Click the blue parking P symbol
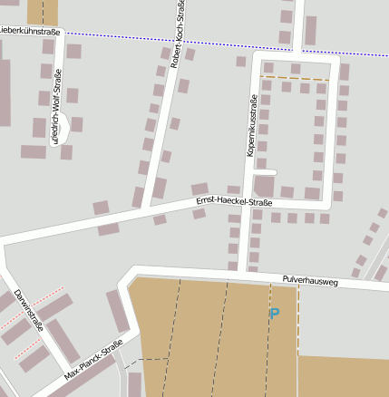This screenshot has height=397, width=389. (274, 314)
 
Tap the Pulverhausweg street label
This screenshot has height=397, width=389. (310, 282)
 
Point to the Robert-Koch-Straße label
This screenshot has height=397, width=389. (179, 36)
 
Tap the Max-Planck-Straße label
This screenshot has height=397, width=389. (93, 361)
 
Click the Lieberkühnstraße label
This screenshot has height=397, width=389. (29, 31)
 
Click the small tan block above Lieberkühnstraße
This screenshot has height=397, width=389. (42, 12)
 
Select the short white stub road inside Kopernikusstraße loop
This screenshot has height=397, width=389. (265, 170)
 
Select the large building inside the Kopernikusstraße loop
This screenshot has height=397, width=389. (264, 186)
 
